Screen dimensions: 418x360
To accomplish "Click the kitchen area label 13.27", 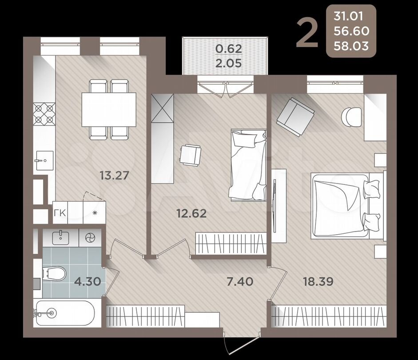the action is click(114, 176).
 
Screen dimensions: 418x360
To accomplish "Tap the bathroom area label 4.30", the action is click(88, 281).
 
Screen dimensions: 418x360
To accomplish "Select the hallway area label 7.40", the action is click(240, 281).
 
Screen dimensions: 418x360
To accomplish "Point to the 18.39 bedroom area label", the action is click(318, 281).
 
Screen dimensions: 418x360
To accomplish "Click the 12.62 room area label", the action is click(191, 213).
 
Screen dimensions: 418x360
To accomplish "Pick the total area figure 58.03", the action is click(351, 46).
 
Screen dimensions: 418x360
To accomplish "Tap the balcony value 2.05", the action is click(229, 63).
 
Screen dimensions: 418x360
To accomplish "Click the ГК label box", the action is click(60, 212).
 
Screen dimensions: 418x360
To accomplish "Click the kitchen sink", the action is click(44, 160).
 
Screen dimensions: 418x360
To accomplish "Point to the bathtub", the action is click(65, 313).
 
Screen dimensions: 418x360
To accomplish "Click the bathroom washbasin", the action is click(61, 237).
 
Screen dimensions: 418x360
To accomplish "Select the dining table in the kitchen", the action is click(109, 109).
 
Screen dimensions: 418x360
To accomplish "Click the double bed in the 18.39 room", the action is click(346, 205).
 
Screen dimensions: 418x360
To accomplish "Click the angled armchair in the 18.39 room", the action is click(295, 117).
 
